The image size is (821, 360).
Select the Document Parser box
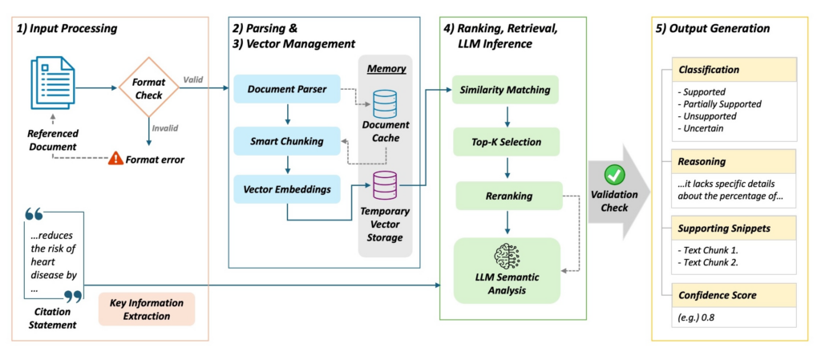(287, 89)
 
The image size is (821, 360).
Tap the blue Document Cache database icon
(386, 105)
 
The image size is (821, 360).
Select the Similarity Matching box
(505, 89)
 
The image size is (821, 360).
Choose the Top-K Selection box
(505, 142)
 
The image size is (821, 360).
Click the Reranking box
(505, 195)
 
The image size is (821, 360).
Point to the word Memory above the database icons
(386, 69)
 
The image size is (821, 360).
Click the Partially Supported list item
(720, 104)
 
